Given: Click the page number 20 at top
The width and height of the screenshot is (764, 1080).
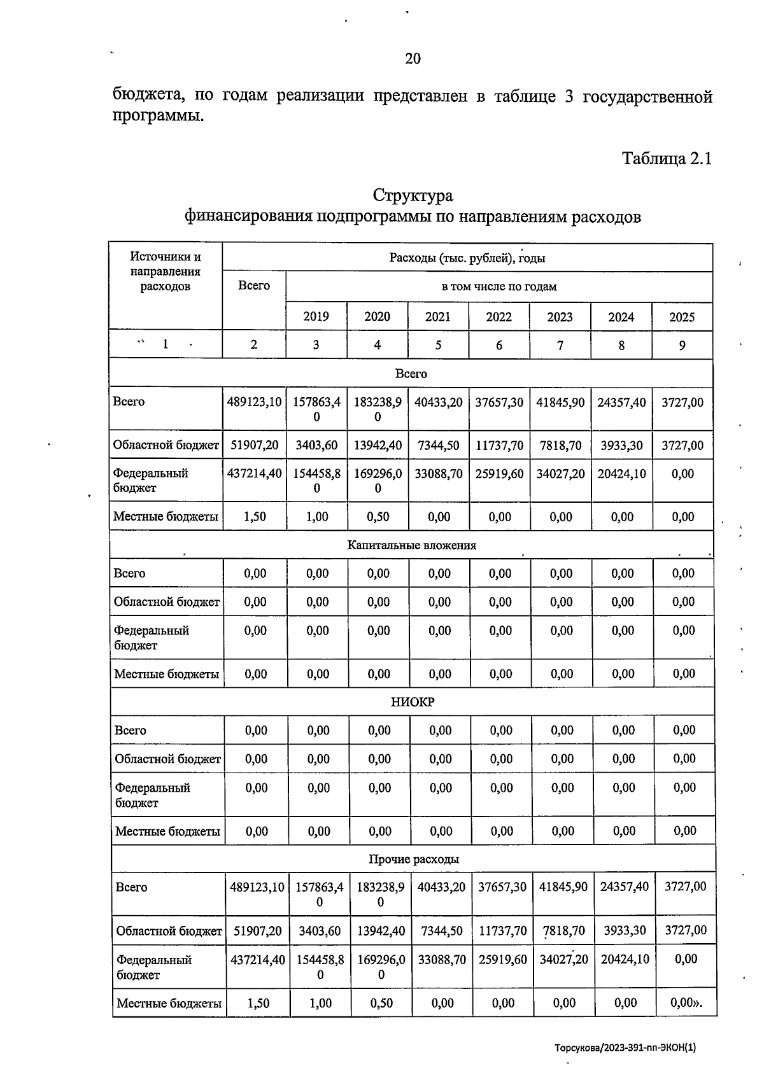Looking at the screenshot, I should (x=413, y=59).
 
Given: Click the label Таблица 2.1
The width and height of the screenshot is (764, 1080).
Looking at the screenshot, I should (x=666, y=158).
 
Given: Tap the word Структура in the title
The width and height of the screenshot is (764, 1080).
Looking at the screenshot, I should (x=413, y=195).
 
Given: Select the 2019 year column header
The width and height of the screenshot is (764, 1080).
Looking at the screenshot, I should (x=316, y=316).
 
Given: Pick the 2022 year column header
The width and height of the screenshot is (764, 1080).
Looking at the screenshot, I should (x=499, y=317).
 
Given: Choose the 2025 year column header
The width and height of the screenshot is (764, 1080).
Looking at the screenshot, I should (x=682, y=317).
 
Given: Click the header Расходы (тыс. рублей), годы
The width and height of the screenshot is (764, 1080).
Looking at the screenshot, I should (x=467, y=258).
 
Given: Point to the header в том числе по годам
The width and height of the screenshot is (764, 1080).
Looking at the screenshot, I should (x=499, y=286).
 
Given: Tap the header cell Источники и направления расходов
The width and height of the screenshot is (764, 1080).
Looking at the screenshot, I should (x=166, y=272).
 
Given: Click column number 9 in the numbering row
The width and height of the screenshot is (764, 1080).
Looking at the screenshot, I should (x=682, y=345).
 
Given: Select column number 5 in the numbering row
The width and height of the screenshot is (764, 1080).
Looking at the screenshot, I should (x=438, y=345).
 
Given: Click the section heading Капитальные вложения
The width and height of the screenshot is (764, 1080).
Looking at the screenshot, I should (x=411, y=545).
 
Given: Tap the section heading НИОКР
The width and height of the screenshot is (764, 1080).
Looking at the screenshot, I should (x=413, y=702).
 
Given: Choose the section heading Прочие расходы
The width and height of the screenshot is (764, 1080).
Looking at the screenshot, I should (x=414, y=859).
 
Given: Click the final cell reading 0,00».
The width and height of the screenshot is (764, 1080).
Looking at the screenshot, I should (x=686, y=1003).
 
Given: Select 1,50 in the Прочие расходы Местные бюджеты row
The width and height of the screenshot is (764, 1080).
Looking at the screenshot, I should (x=258, y=1004).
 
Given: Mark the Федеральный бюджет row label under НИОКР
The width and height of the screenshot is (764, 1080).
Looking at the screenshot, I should (x=153, y=795).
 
